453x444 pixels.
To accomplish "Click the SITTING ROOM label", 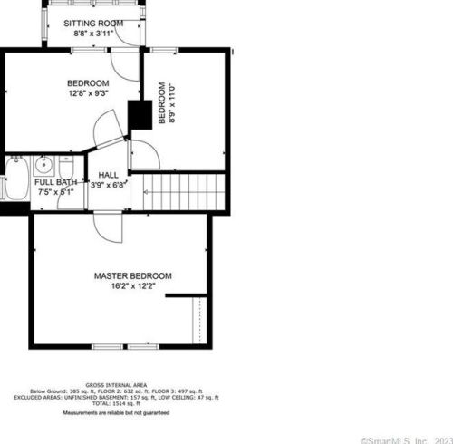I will point(93,24).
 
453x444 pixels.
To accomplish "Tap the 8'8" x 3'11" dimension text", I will point(93,34).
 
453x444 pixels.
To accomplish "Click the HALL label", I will point(108,175).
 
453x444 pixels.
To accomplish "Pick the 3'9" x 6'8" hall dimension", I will point(109,185).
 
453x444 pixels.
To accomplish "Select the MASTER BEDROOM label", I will point(132,275).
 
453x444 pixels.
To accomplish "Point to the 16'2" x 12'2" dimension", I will point(132,286).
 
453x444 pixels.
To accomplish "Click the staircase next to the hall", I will point(187,191).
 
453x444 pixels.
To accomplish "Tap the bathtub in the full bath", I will point(15,179).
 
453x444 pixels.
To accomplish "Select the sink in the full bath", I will point(43,165).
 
